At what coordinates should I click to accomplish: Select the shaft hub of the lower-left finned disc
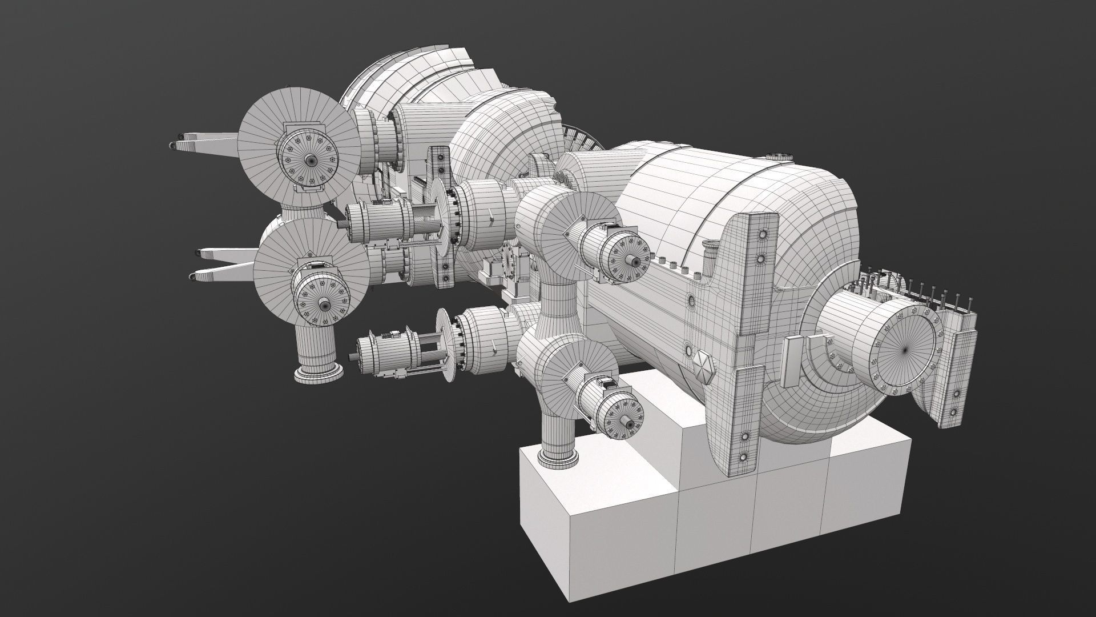323,303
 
